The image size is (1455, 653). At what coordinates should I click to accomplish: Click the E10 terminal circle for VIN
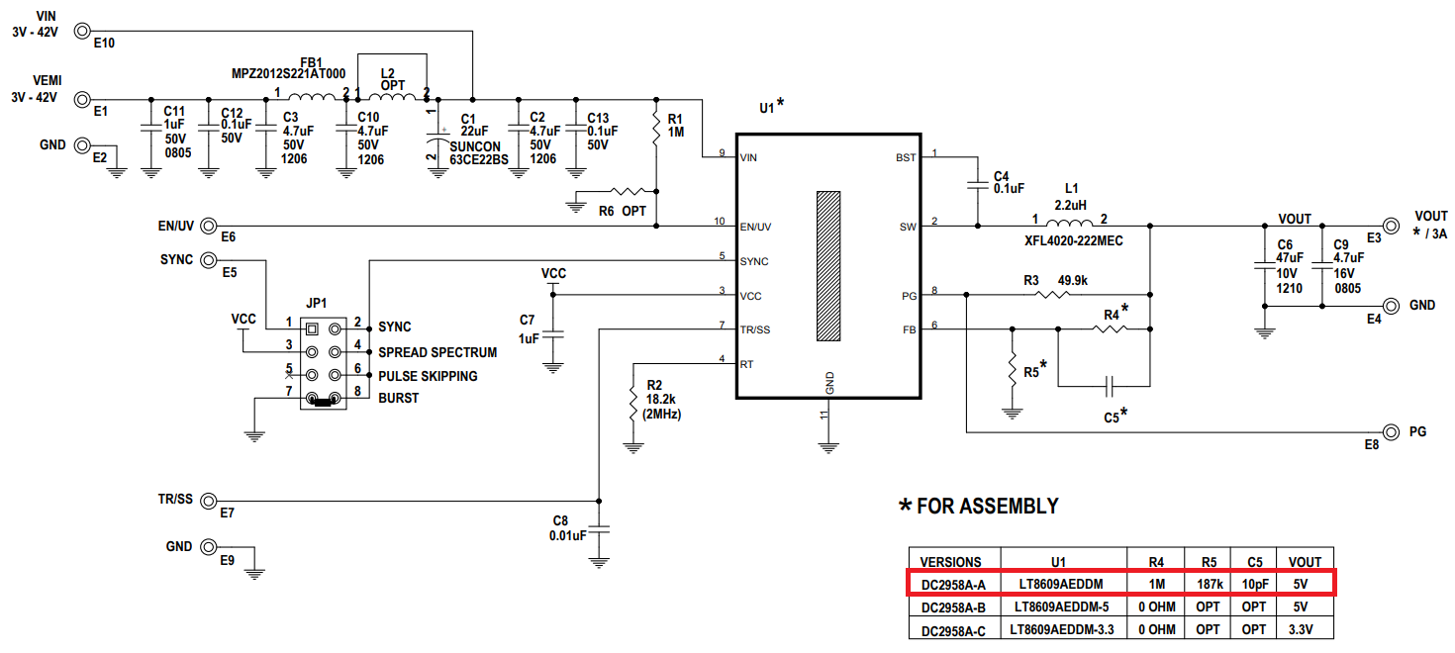pyautogui.click(x=83, y=31)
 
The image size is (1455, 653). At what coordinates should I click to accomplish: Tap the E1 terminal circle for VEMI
pyautogui.click(x=83, y=99)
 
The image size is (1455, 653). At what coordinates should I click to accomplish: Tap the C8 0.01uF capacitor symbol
pyautogui.click(x=599, y=528)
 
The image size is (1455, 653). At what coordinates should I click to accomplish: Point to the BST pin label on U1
pyautogui.click(x=905, y=157)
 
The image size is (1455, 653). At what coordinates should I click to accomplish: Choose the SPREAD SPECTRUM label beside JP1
pyautogui.click(x=437, y=352)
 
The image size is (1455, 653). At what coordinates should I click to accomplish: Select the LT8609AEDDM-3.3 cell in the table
pyautogui.click(x=1064, y=629)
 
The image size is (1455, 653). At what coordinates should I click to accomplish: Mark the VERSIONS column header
pyautogui.click(x=951, y=560)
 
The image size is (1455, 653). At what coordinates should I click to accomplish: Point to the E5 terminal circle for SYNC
pyautogui.click(x=209, y=260)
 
